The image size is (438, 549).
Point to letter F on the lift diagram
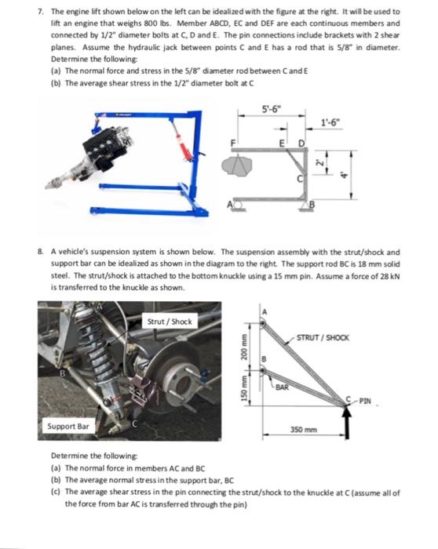233,143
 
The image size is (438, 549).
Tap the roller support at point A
235,205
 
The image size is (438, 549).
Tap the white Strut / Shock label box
169,321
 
